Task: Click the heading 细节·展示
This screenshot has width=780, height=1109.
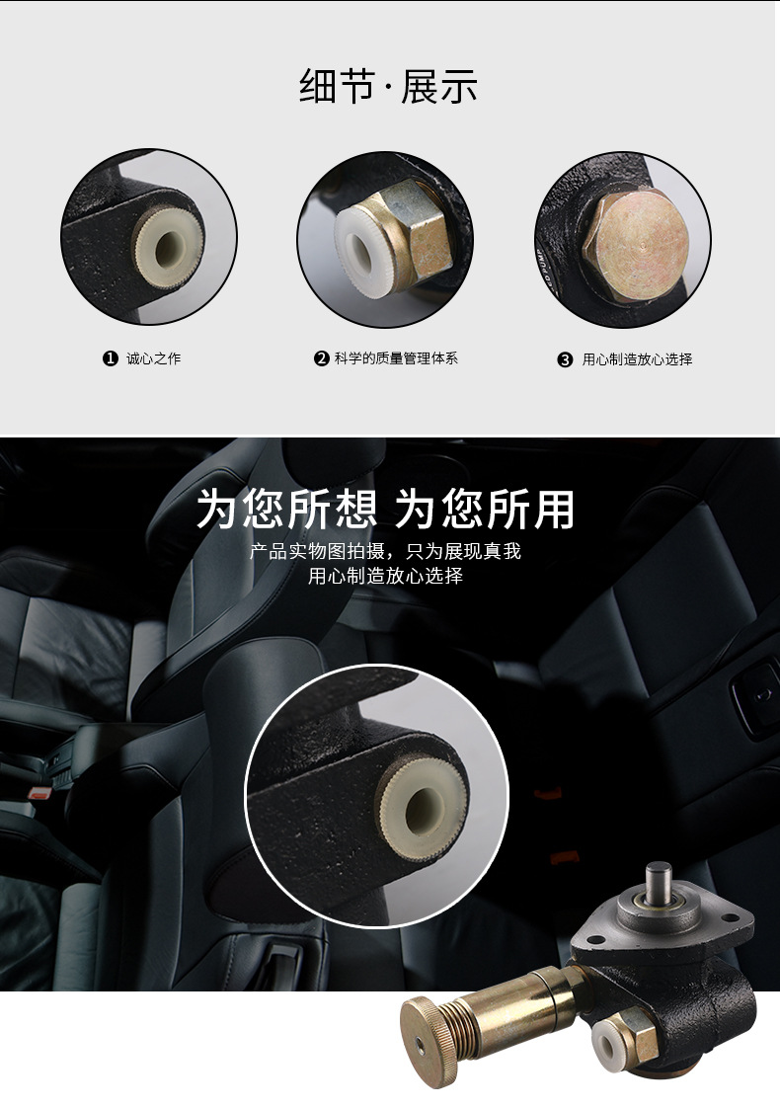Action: click(x=388, y=87)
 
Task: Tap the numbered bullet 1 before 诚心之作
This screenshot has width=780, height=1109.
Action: click(x=111, y=358)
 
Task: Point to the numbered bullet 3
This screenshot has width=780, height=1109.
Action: click(x=565, y=359)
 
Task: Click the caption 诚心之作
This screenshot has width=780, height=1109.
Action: click(x=154, y=358)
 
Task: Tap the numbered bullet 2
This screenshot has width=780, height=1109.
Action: click(x=321, y=358)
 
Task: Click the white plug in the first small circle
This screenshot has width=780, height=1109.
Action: click(x=169, y=241)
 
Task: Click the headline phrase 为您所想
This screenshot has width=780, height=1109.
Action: click(x=286, y=510)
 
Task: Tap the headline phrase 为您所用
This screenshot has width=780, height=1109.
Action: click(x=485, y=510)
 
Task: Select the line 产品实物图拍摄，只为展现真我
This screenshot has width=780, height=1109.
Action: click(x=385, y=551)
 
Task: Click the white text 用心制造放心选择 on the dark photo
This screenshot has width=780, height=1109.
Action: click(x=385, y=576)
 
